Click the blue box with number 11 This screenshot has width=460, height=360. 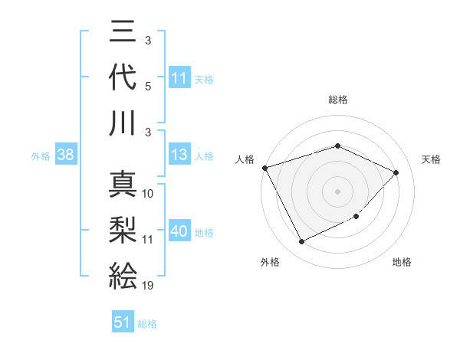179,78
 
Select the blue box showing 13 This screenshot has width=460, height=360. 179,155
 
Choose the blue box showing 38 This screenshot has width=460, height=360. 65,155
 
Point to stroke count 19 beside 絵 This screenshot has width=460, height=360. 148,286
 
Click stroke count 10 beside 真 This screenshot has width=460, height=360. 148,194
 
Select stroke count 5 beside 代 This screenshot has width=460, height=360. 148,87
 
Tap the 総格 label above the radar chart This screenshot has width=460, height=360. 337,100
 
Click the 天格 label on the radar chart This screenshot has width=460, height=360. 431,159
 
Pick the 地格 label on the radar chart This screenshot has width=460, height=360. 402,262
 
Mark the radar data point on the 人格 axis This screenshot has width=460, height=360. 265,168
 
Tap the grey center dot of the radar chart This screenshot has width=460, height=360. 337,191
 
